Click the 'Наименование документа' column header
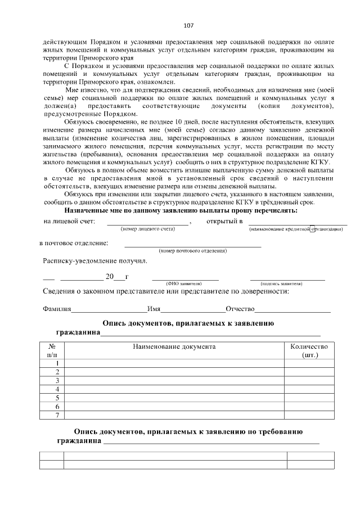point(174,346)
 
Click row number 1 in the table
point(57,363)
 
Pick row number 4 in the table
point(57,389)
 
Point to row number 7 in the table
point(57,415)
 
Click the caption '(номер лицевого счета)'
point(148,229)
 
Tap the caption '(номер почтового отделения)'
point(193,250)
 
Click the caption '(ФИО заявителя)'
point(185,284)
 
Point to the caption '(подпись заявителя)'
point(287,284)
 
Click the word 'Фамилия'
point(57,309)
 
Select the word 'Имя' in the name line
point(154,309)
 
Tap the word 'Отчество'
point(240,309)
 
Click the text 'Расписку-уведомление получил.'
point(95,261)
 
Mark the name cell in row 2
point(174,372)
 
